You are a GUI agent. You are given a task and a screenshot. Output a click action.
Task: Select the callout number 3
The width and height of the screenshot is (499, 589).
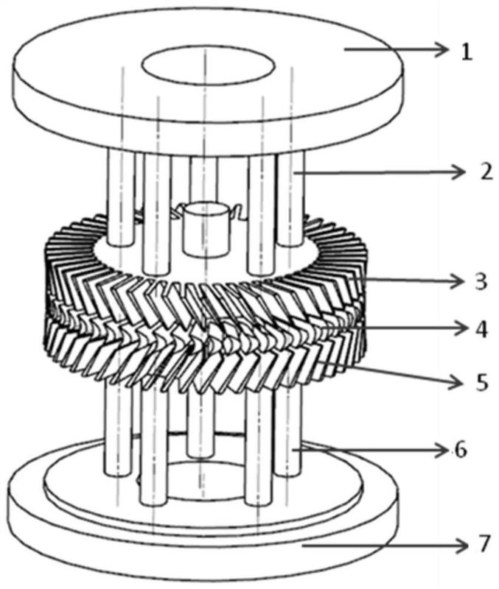click(x=481, y=282)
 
